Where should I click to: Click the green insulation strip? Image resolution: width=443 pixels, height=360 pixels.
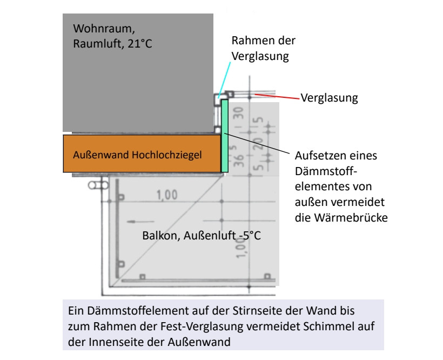tap(225, 135)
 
